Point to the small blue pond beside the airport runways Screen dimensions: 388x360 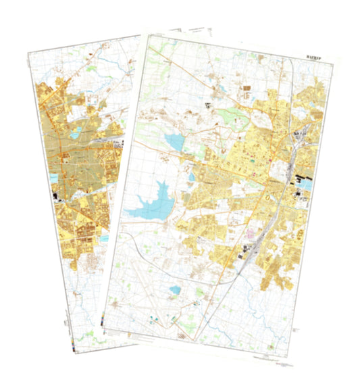[174, 290]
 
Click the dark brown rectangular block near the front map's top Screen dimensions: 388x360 [245, 89]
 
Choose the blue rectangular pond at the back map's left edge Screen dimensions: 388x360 [53, 178]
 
